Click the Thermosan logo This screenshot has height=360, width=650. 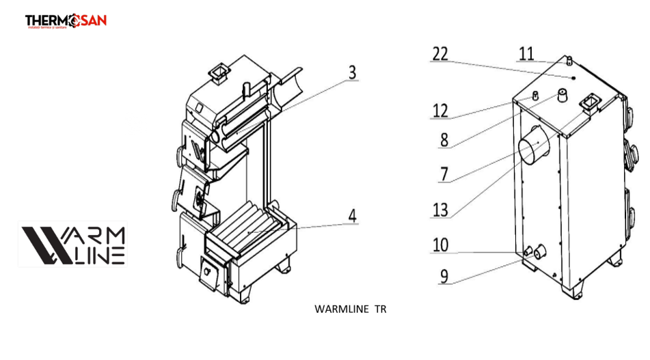[66, 22]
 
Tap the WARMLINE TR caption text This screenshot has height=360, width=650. [350, 309]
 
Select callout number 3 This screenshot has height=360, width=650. [352, 72]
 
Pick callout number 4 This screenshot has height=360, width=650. [352, 216]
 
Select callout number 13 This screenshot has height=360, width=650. [440, 210]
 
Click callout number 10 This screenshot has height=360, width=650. [440, 244]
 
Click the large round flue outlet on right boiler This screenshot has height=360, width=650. [533, 149]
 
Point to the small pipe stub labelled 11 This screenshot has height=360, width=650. [569, 61]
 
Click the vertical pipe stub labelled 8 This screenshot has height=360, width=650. [563, 96]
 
